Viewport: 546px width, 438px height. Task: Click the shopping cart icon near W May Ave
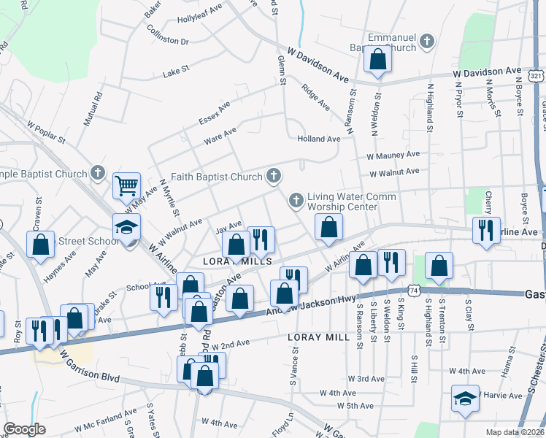pyautogui.click(x=126, y=185)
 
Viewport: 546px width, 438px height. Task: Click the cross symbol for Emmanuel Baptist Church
pyautogui.click(x=427, y=43)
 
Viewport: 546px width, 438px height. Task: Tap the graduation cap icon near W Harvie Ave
pyautogui.click(x=464, y=399)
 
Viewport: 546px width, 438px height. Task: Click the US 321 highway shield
pyautogui.click(x=536, y=77)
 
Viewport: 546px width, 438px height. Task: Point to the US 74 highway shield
pyautogui.click(x=415, y=290)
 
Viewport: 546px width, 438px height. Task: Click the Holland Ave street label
pyautogui.click(x=318, y=139)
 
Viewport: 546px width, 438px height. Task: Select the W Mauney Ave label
pyautogui.click(x=393, y=155)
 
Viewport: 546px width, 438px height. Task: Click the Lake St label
pyautogui.click(x=176, y=71)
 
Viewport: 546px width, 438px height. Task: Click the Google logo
pyautogui.click(x=24, y=429)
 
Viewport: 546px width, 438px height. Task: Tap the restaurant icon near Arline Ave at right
pyautogui.click(x=485, y=230)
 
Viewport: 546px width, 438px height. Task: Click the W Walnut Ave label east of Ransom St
pyautogui.click(x=394, y=172)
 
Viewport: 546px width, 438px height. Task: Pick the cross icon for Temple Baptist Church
pyautogui.click(x=98, y=174)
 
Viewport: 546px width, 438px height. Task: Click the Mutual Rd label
pyautogui.click(x=93, y=109)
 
